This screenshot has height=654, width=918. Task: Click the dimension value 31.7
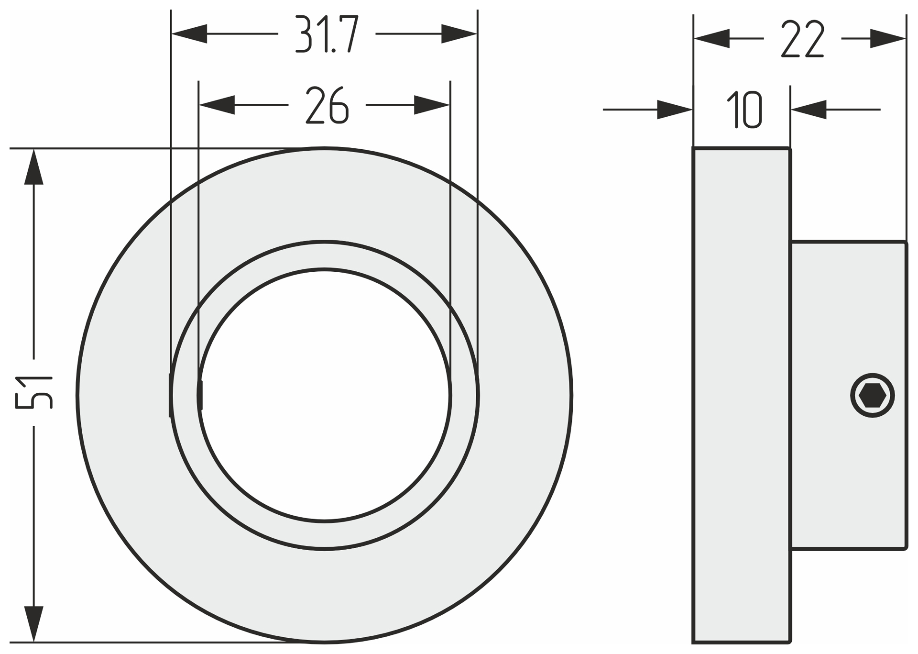[327, 34]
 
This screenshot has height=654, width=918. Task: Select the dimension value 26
[327, 105]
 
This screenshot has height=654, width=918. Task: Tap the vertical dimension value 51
[34, 393]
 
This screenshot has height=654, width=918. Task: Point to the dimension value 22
[803, 39]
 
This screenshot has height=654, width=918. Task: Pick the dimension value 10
[744, 110]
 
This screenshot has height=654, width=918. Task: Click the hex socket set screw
[873, 396]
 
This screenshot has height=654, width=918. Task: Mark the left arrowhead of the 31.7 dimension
[189, 34]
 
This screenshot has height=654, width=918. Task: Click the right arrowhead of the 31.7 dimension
[459, 34]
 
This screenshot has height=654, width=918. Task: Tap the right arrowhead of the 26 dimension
[432, 105]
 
